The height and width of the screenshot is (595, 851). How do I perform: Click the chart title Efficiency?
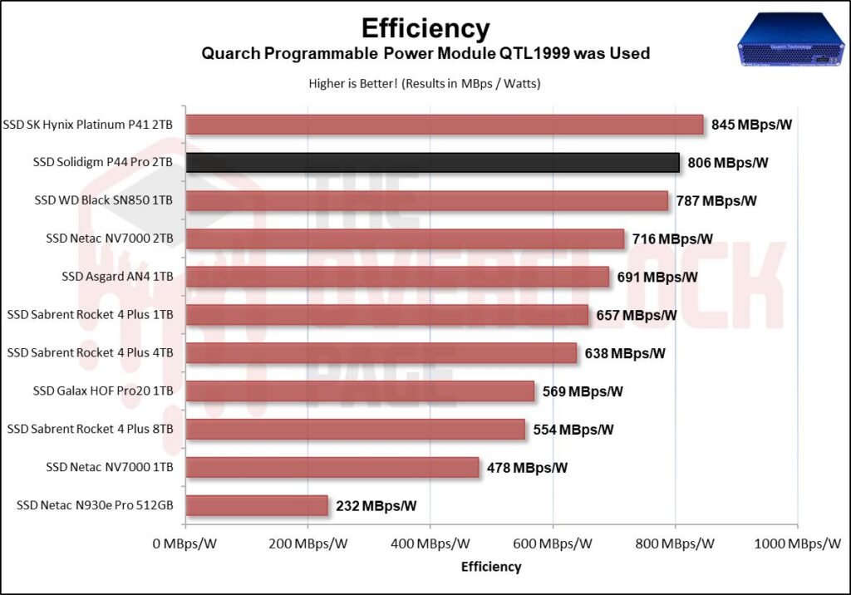coord(425,27)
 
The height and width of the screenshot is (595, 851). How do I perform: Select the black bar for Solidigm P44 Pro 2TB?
coord(432,162)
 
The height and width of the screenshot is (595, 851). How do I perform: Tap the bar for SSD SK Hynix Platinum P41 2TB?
coord(445,125)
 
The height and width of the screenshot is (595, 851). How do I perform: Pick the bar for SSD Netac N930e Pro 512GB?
coord(257,505)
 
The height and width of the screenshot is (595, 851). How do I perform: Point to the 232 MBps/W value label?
coord(376,505)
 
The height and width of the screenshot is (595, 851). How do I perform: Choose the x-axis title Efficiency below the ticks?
coord(491,567)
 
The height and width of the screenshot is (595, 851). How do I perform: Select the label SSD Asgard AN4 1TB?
coord(117,277)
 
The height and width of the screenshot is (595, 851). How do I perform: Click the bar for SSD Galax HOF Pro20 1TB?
coord(360,391)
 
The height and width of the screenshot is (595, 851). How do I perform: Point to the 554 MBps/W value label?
coord(570,429)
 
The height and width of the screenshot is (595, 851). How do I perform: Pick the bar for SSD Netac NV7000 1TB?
coord(332,467)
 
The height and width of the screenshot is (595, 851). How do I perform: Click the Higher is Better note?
coord(425,83)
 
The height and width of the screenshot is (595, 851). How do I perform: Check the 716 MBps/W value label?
coord(672,238)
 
